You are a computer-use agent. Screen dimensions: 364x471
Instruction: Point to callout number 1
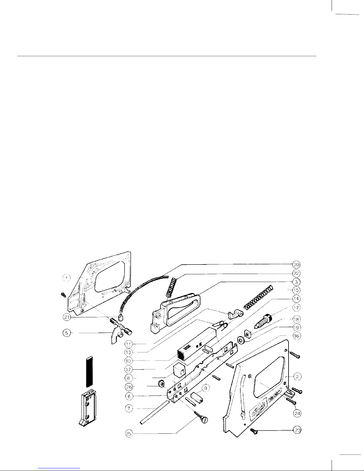67,278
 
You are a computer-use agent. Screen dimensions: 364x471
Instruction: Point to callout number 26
129,387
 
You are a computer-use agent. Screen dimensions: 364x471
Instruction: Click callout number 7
129,409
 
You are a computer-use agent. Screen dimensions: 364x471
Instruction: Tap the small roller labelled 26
161,385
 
